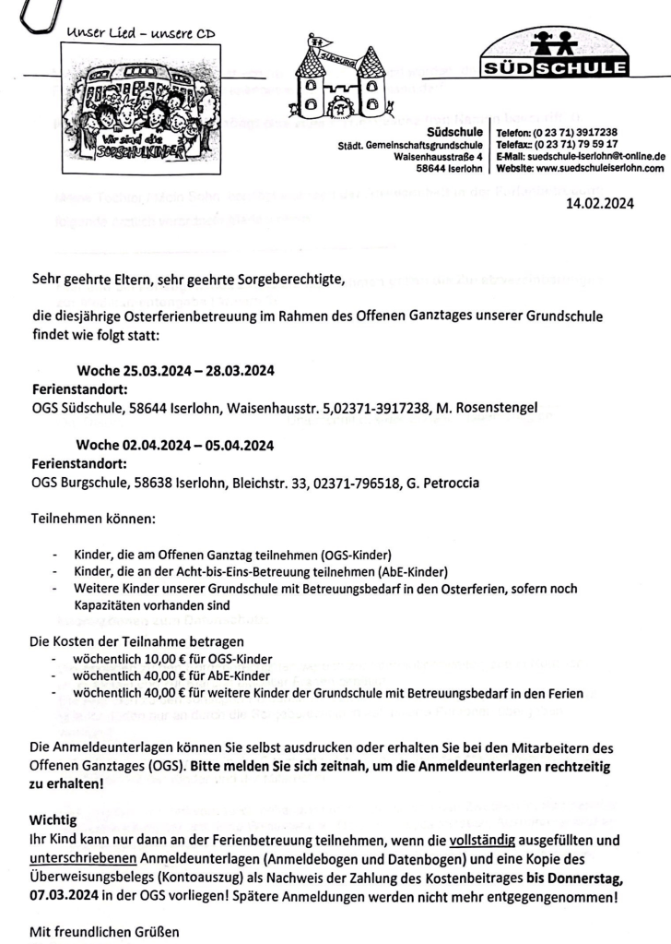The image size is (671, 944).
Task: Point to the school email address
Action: point(581,158)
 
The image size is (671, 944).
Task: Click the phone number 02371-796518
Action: point(350,482)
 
